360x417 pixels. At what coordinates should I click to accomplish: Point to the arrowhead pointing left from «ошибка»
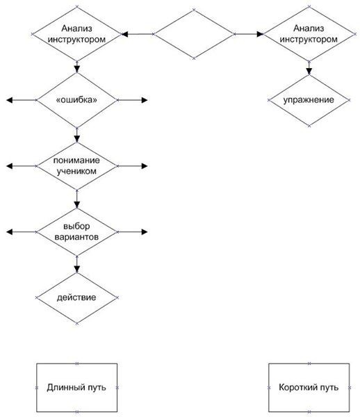[x=10, y=100]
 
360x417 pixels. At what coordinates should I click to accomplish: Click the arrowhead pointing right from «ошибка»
[x=145, y=100]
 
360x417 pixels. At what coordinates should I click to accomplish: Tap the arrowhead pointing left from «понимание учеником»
[x=10, y=166]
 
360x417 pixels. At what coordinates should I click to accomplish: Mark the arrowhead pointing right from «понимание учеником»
[x=145, y=166]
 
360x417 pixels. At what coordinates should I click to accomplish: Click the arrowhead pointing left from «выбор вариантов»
[x=10, y=232]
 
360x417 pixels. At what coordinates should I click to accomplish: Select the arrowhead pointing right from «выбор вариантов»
[x=145, y=232]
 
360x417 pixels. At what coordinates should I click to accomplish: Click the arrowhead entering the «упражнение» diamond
[x=309, y=72]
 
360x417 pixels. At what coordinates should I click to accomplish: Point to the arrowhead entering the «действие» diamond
[x=77, y=269]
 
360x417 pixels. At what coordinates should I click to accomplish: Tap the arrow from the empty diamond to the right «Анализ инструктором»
[x=249, y=34]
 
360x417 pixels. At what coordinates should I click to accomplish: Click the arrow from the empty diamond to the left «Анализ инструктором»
[x=138, y=34]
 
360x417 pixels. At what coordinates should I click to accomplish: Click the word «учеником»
[x=76, y=171]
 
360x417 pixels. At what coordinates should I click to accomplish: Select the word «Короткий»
[x=295, y=387]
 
